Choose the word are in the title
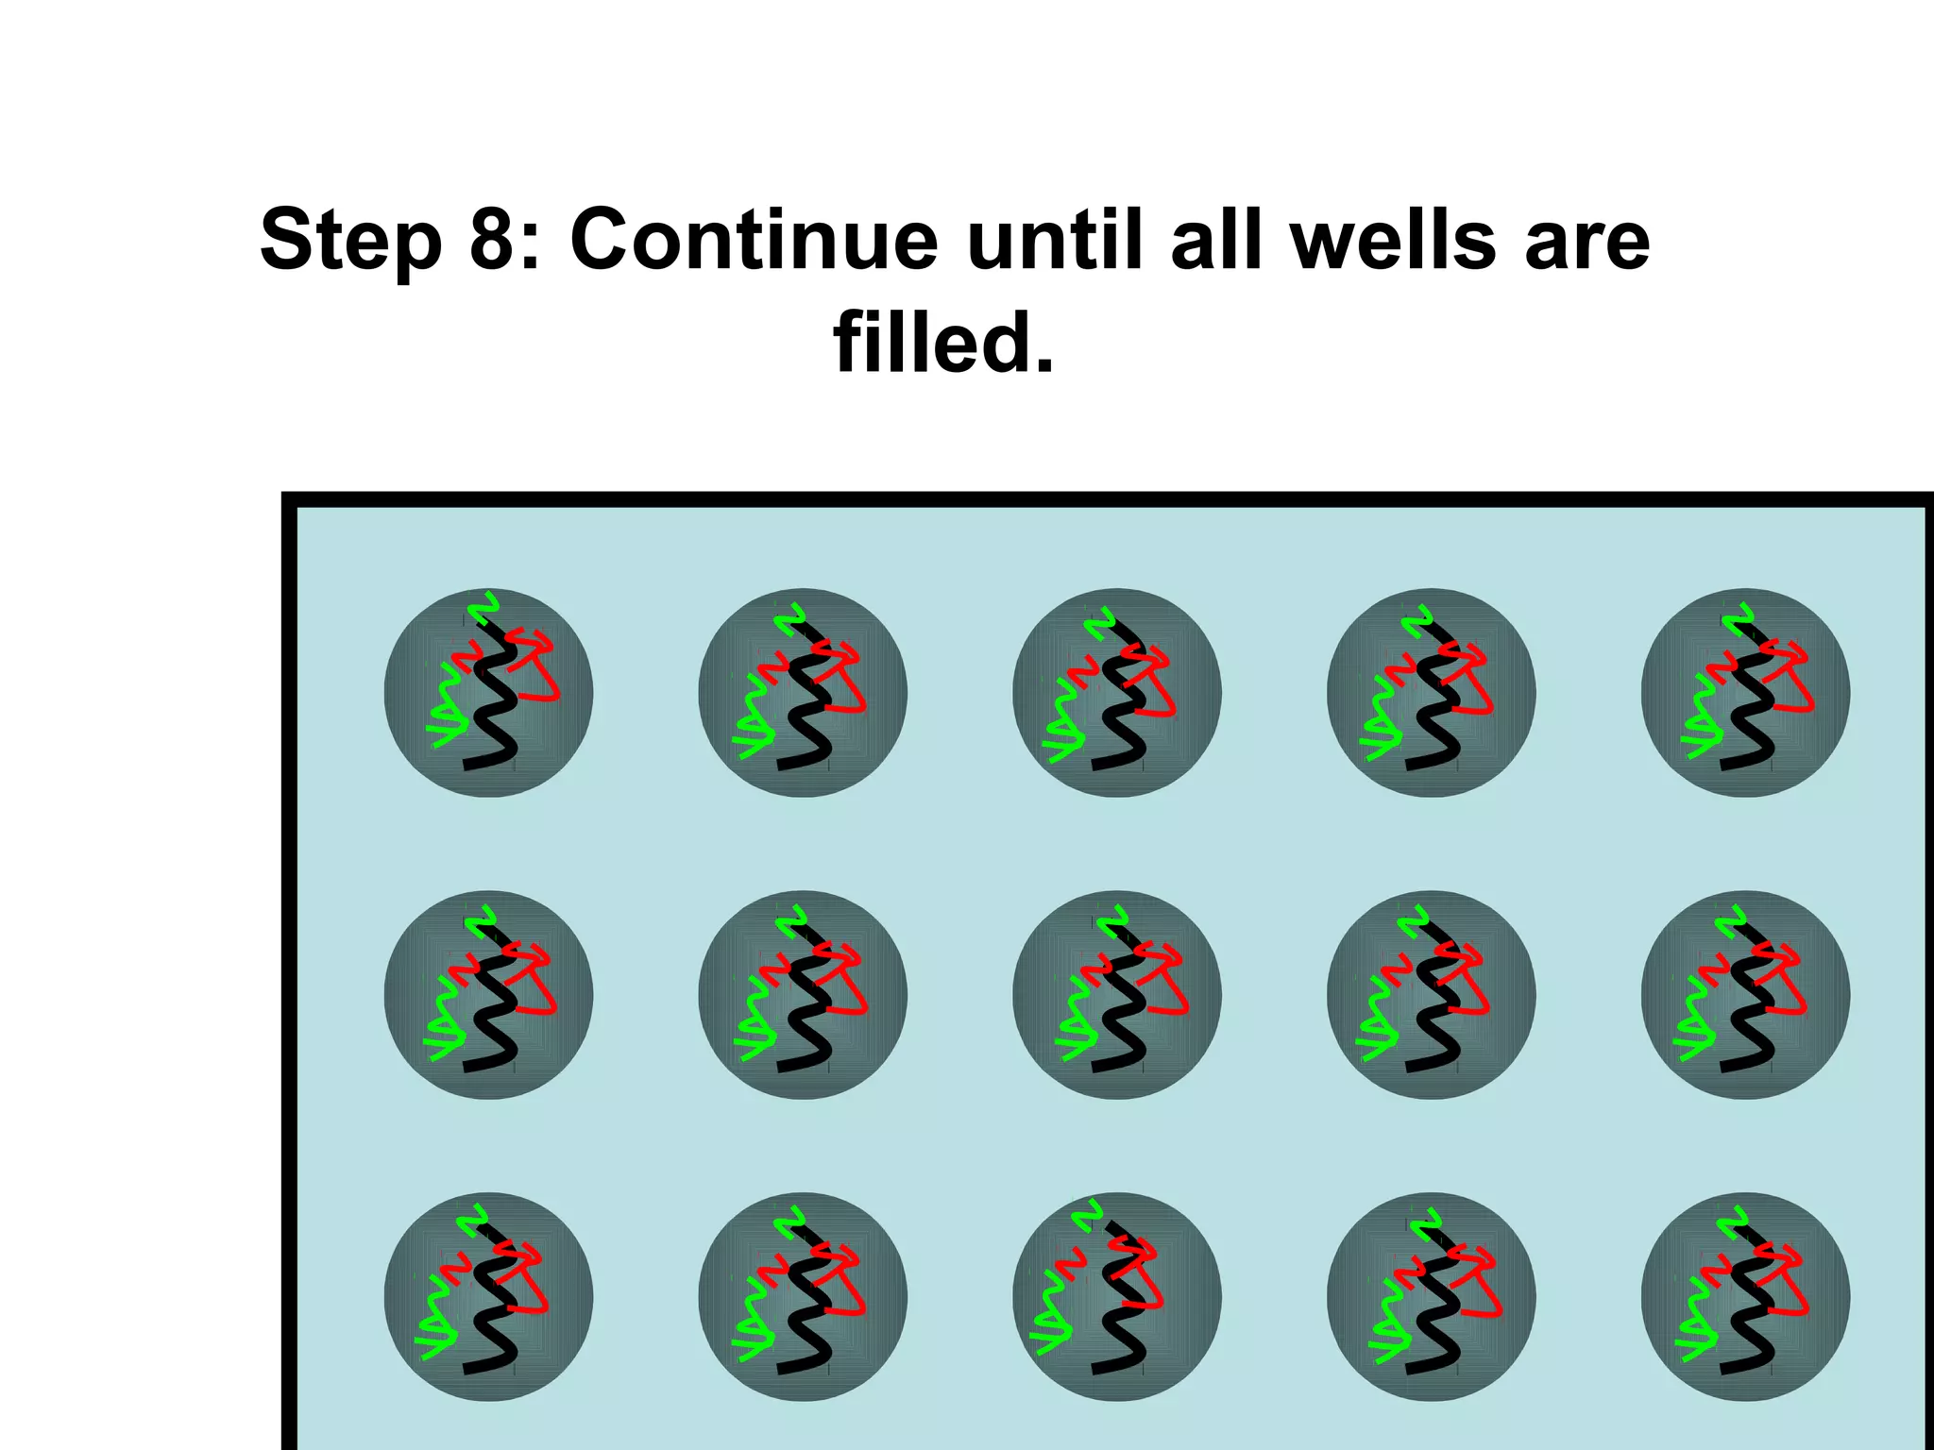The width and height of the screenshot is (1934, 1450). point(1586,242)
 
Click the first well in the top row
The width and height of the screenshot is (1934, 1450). point(488,693)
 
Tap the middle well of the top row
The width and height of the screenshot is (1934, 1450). point(1117,693)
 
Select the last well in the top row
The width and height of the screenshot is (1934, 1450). point(1745,693)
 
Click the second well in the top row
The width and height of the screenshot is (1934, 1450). point(803,693)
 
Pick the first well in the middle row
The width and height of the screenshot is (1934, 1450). point(488,995)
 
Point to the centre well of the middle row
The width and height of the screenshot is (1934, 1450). point(1117,995)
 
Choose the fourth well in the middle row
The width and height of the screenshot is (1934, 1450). point(1431,995)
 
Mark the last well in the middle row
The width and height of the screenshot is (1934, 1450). point(1745,995)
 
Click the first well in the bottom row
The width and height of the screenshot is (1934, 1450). point(488,1297)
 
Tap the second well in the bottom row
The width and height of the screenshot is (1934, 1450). point(803,1297)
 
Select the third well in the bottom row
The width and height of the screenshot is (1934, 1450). point(1117,1297)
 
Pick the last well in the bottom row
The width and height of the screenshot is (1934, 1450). point(1745,1297)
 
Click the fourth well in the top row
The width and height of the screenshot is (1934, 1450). point(1431,693)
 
